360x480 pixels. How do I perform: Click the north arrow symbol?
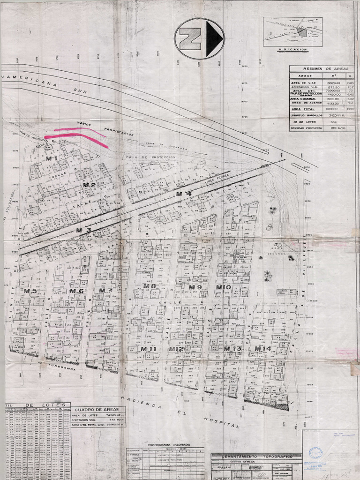point(199,38)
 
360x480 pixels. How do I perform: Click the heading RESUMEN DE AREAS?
point(321,68)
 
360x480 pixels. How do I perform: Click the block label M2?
point(89,185)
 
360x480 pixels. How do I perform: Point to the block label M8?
point(150,286)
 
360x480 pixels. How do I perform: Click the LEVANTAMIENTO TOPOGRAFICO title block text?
point(256,456)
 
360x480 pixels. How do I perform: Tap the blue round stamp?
point(315,453)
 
